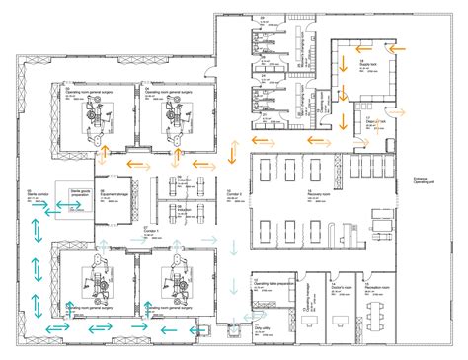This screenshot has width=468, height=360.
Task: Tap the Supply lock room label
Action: pyautogui.click(x=374, y=64)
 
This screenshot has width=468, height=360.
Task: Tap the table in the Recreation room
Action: pyautogui.click(x=377, y=315)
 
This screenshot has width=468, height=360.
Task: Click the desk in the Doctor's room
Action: pyautogui.click(x=343, y=317)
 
